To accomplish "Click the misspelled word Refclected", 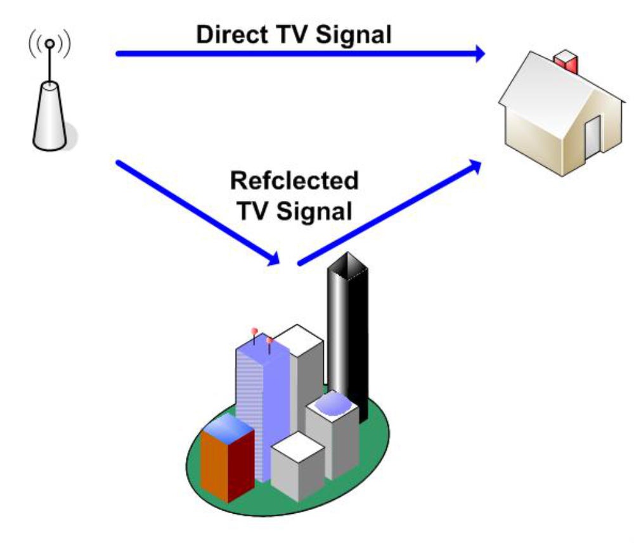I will point(294,181).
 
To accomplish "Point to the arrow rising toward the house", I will point(387,213).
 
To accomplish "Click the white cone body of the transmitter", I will point(49,117).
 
